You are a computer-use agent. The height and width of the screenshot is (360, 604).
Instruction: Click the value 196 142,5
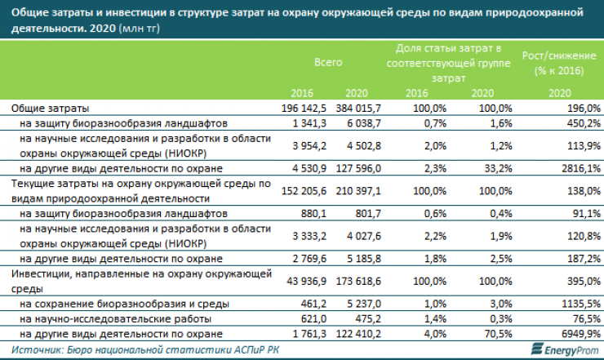(304, 108)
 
